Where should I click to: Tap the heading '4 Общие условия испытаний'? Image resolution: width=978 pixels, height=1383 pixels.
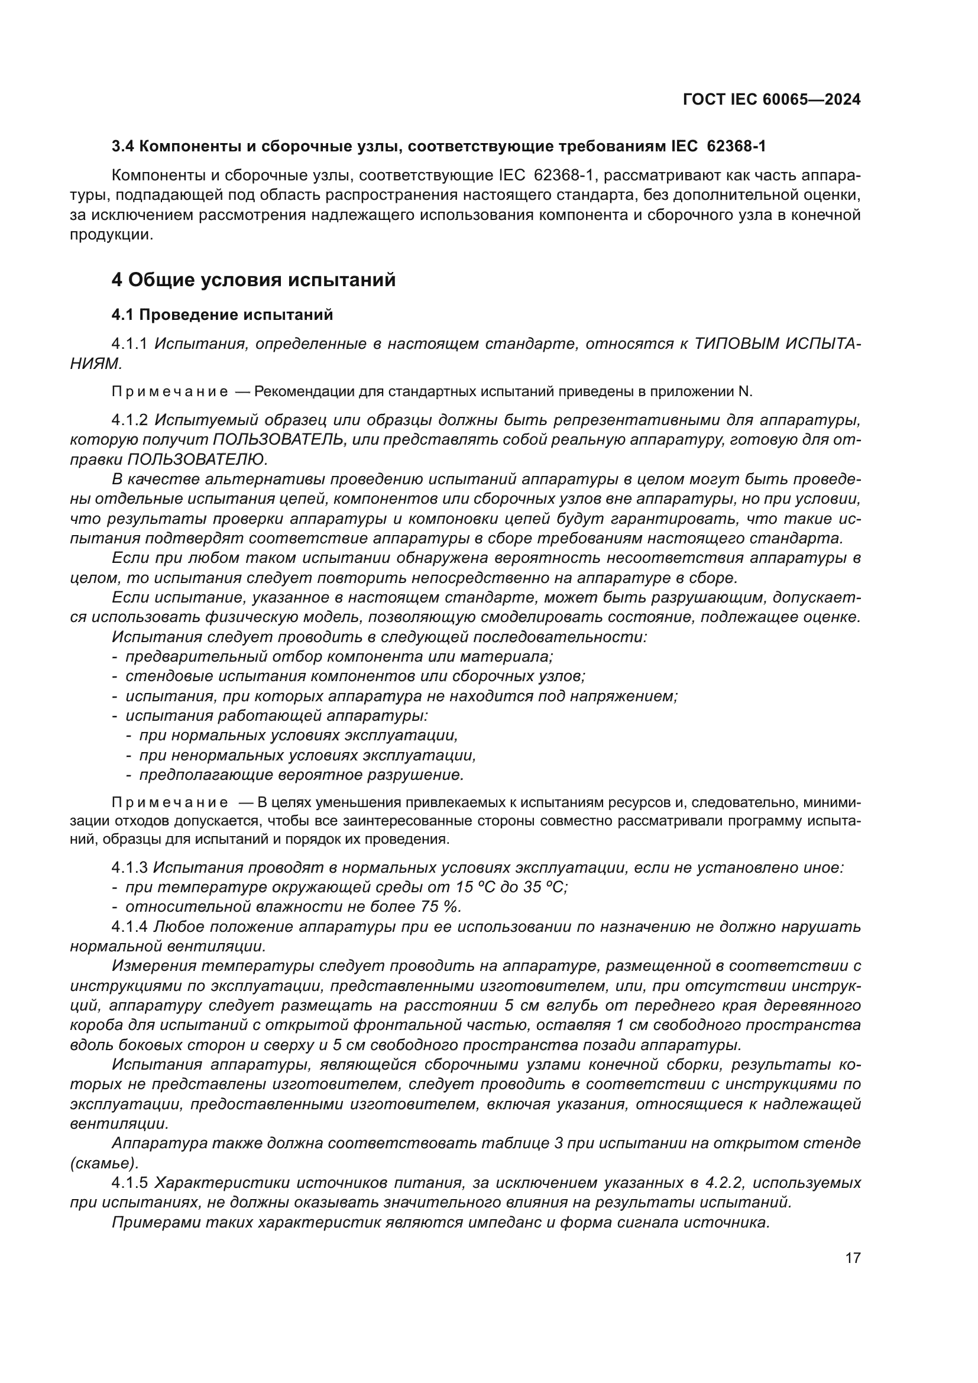coord(253,280)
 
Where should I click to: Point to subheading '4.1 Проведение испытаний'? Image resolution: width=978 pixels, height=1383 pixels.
coord(222,315)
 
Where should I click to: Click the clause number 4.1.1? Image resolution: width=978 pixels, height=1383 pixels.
coord(129,344)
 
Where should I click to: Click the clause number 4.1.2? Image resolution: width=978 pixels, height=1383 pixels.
coord(129,420)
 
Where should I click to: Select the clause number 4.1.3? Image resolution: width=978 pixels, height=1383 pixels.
coord(129,868)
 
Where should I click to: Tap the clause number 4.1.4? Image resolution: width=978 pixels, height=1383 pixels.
coord(129,927)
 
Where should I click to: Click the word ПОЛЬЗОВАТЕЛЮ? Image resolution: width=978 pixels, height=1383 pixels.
coord(196,459)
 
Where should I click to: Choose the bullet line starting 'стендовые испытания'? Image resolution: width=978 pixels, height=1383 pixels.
coord(355,676)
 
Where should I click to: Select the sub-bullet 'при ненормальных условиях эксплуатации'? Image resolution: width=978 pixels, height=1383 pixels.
coord(307,754)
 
